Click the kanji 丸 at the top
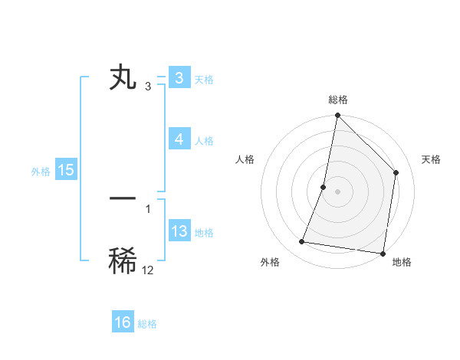coord(123,78)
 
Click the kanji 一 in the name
coord(123,198)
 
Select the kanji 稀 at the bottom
coord(123,261)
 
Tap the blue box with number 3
coord(179,78)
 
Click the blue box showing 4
coord(179,139)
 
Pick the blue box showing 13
coord(179,231)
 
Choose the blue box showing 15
coord(66,170)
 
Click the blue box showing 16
coord(123,322)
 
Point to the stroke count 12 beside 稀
coord(148,270)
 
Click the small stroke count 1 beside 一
coord(148,208)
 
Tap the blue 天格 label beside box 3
coord(204,80)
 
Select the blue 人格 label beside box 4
coord(204,141)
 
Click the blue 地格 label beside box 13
coord(204,233)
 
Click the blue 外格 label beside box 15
coord(41,172)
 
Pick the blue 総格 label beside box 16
coord(147,324)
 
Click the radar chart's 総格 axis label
coord(337,100)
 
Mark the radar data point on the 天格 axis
coord(396,172)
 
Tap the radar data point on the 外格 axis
coord(302,242)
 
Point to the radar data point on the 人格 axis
coord(324,187)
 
